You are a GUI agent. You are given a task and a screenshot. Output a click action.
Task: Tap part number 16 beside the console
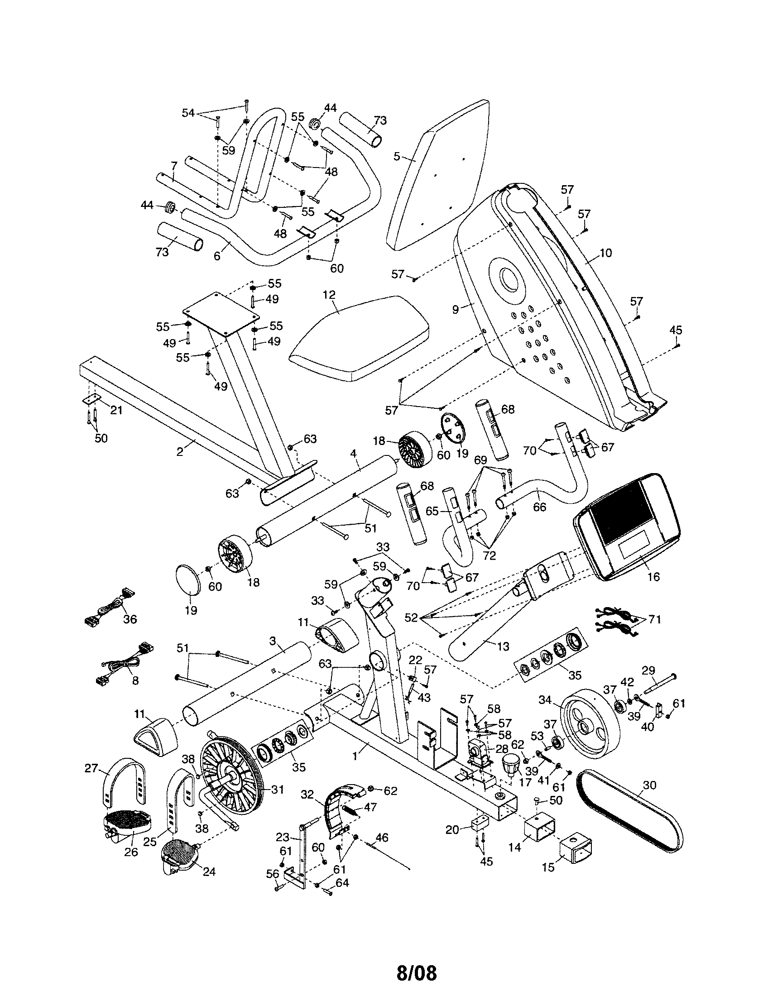[x=653, y=577]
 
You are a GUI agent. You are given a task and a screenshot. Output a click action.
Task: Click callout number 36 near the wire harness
[x=130, y=620]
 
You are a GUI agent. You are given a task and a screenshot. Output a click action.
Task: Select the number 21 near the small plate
[x=116, y=411]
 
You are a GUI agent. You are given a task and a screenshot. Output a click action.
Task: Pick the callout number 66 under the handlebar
[x=539, y=507]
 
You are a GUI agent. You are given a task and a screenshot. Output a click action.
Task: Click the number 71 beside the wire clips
[x=654, y=619]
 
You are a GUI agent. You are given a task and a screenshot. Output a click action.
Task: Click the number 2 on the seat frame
[x=180, y=452]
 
